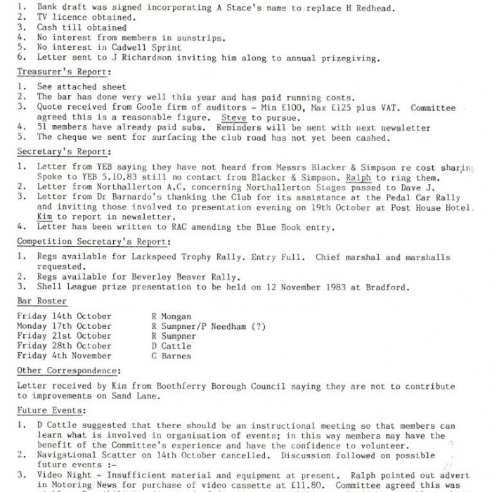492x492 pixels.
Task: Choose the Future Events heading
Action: coord(51,410)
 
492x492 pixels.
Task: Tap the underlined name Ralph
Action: coord(359,179)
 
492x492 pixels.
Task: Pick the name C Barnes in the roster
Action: coord(171,356)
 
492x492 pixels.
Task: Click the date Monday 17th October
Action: coord(63,326)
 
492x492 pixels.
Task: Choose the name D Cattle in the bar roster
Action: coord(171,346)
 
